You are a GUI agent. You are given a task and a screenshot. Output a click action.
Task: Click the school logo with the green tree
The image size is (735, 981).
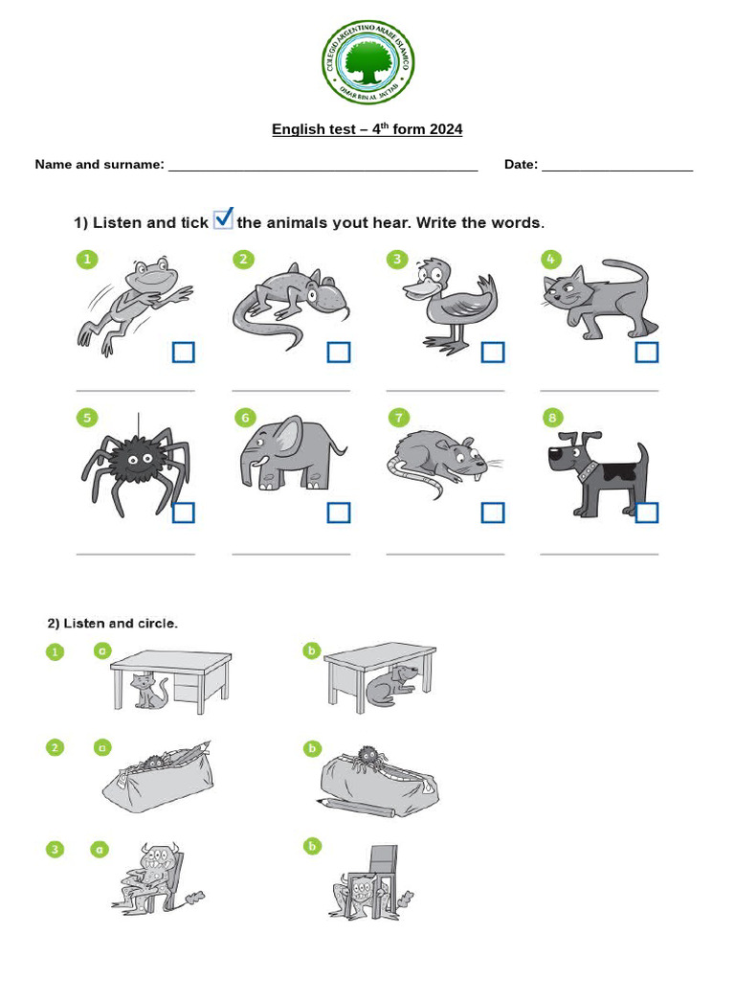tap(367, 64)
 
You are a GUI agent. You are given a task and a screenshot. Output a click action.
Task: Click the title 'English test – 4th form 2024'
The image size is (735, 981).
tap(367, 129)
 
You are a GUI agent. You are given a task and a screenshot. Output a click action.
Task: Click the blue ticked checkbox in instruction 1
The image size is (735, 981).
tap(223, 219)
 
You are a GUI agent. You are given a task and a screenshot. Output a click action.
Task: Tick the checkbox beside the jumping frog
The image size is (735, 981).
tap(184, 353)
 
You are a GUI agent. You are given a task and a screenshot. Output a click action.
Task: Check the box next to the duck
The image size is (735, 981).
tap(493, 353)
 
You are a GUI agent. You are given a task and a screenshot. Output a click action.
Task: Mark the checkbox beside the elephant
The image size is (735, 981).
tap(339, 513)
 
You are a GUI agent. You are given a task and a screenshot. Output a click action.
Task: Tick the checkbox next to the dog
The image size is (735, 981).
tap(647, 513)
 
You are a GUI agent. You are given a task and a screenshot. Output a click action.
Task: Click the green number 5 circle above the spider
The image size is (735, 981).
tap(87, 418)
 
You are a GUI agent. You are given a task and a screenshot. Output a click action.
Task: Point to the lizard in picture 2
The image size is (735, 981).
tap(290, 301)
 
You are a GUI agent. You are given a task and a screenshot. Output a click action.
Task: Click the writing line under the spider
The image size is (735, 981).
tap(135, 554)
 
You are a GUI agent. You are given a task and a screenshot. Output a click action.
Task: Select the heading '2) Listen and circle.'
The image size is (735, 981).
tap(113, 624)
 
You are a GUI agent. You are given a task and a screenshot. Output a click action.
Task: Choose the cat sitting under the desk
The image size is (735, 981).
tap(148, 691)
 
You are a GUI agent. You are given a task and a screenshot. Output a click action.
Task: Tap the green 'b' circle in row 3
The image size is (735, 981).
tap(311, 845)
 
